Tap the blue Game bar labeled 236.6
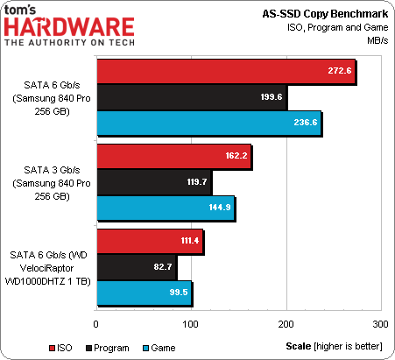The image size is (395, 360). click(208, 124)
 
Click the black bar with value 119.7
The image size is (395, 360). click(153, 183)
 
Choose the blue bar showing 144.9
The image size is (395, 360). click(165, 208)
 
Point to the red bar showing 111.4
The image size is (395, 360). click(149, 241)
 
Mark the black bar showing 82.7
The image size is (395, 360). click(136, 267)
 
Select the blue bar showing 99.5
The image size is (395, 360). click(144, 293)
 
